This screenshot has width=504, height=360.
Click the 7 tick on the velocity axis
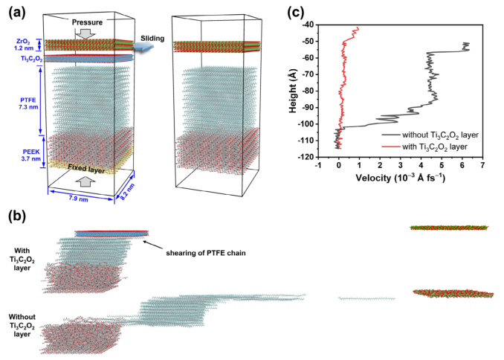[x=482, y=167]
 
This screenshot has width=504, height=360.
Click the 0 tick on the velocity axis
[x=339, y=167]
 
